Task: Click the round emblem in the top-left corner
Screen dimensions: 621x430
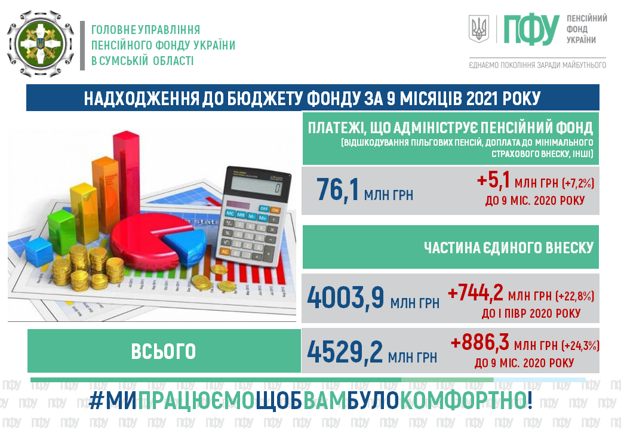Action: (x=40, y=44)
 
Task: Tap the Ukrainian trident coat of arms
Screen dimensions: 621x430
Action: (x=479, y=29)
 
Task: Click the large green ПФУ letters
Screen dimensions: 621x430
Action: (x=531, y=30)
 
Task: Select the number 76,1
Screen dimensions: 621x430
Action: (x=337, y=190)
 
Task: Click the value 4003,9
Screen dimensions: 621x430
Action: (x=346, y=297)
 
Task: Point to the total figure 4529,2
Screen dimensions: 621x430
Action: (x=345, y=352)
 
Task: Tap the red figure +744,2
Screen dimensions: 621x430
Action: (x=475, y=293)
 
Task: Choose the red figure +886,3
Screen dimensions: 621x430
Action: (x=480, y=342)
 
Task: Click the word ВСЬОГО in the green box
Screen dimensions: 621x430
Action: (x=164, y=352)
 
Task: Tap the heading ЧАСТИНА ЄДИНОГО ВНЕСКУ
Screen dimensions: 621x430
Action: (x=509, y=248)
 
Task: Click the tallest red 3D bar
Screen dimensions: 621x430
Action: (x=126, y=181)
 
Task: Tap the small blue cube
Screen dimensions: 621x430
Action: (x=39, y=252)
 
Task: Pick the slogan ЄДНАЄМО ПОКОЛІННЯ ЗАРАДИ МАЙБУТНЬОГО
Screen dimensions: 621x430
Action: (x=537, y=65)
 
